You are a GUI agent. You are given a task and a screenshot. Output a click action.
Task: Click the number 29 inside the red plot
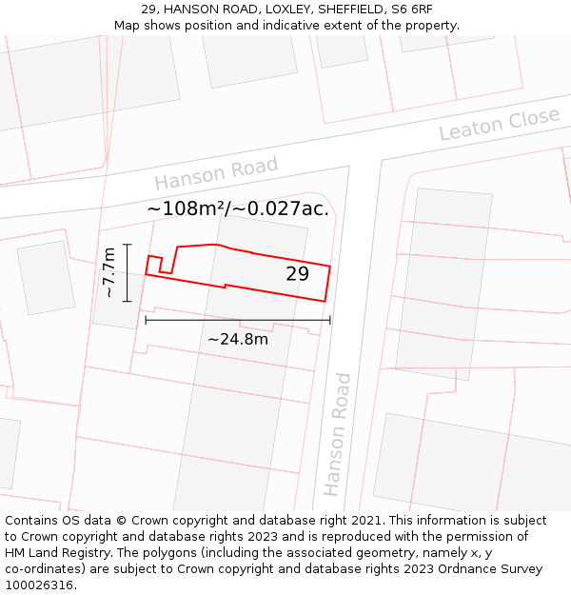pyautogui.click(x=297, y=274)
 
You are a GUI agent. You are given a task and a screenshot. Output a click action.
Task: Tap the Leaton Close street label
pyautogui.click(x=499, y=125)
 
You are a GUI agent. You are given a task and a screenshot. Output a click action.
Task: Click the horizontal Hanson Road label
pyautogui.click(x=216, y=173)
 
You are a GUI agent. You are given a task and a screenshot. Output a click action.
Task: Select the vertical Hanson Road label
pyautogui.click(x=337, y=434)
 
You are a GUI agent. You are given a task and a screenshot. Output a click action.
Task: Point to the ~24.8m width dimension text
pyautogui.click(x=238, y=339)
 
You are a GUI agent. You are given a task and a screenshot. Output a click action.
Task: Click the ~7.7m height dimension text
pyautogui.click(x=109, y=272)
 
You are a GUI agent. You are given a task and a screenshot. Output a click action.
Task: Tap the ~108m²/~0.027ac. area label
pyautogui.click(x=238, y=208)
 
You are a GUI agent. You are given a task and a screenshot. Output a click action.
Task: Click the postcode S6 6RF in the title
pyautogui.click(x=411, y=10)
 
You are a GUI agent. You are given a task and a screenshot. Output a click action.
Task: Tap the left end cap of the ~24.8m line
pyautogui.click(x=146, y=320)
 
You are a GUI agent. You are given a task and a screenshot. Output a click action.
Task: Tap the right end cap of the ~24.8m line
pyautogui.click(x=329, y=320)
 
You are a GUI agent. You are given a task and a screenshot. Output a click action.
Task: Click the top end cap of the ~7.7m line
pyautogui.click(x=127, y=245)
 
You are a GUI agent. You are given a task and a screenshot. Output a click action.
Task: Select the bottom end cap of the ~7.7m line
pyautogui.click(x=127, y=301)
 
